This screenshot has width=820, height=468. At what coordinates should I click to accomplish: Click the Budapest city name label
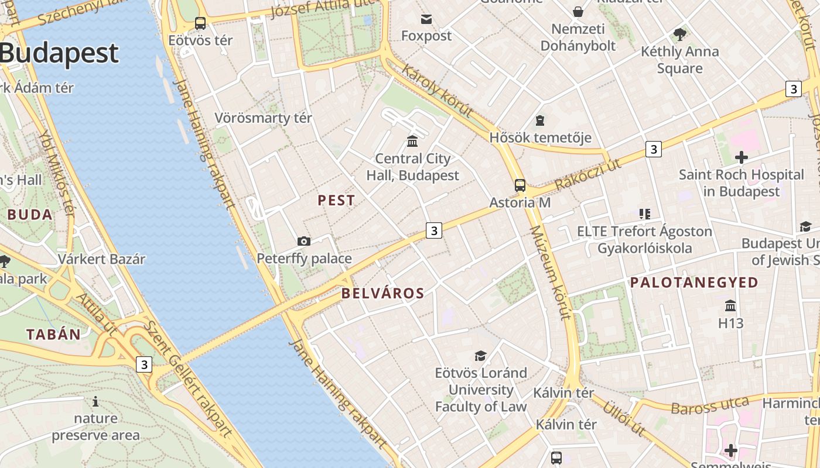(x=59, y=53)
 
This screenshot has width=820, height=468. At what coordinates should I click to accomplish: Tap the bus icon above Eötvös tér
(x=200, y=23)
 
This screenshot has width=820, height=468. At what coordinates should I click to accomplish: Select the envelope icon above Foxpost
(x=426, y=20)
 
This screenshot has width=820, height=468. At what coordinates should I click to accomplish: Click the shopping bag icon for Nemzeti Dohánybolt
(x=578, y=12)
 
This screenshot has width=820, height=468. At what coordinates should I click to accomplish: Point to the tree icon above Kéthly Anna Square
(x=680, y=35)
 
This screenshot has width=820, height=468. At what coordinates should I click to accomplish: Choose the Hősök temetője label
(x=540, y=138)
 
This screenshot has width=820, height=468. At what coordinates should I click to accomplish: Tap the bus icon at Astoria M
(x=520, y=185)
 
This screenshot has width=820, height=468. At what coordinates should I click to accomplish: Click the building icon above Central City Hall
(x=412, y=141)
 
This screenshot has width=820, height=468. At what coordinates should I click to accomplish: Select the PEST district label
(x=336, y=201)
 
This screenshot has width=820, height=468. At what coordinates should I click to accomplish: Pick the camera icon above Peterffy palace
(x=304, y=241)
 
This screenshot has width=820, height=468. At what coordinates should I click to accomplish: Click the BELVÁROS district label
(x=382, y=294)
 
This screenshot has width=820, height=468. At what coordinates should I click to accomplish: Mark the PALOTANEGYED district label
(x=694, y=283)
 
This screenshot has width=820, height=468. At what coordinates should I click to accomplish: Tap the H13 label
(x=730, y=323)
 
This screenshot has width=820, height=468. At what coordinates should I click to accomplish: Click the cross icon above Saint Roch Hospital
(x=741, y=157)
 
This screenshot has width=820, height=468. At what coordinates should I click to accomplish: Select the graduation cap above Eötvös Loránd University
(x=480, y=356)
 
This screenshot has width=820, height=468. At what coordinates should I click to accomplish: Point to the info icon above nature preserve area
(x=95, y=401)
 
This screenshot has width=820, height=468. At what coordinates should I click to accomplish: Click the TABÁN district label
(x=53, y=335)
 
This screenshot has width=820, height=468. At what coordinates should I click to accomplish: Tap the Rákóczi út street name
(x=587, y=175)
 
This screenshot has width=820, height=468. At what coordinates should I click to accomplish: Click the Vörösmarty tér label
(x=263, y=118)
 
